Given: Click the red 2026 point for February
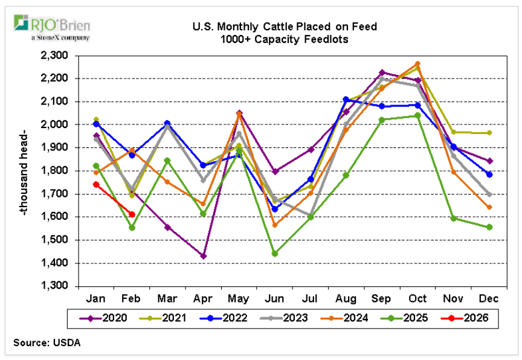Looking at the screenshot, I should (x=132, y=214).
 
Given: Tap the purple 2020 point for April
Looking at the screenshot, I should (x=204, y=256).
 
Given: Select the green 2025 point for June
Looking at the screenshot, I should (x=275, y=254).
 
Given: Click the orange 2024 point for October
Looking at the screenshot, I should (x=417, y=63).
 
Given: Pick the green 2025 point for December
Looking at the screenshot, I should (x=489, y=227).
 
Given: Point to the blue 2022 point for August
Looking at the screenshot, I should (x=346, y=99).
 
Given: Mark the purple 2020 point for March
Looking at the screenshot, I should (x=167, y=227).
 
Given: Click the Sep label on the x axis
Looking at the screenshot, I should (x=382, y=298).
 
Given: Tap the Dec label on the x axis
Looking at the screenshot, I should (x=489, y=298).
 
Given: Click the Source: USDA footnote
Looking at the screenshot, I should (x=47, y=342).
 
